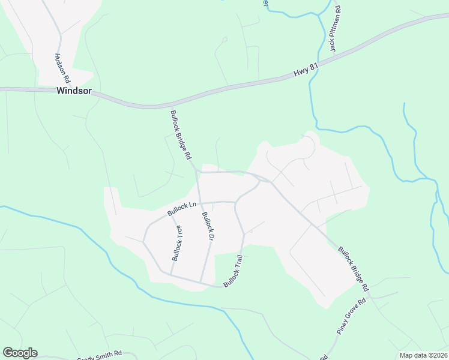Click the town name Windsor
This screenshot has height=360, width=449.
74,91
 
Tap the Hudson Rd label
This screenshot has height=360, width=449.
62,68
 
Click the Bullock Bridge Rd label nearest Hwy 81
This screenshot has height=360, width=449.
180,134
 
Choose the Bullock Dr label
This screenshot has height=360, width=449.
208,226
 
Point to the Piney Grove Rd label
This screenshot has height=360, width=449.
351,316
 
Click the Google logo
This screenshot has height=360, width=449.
20,353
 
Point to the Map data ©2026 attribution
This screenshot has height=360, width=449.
423,355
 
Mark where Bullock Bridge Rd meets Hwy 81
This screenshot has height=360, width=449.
166,107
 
